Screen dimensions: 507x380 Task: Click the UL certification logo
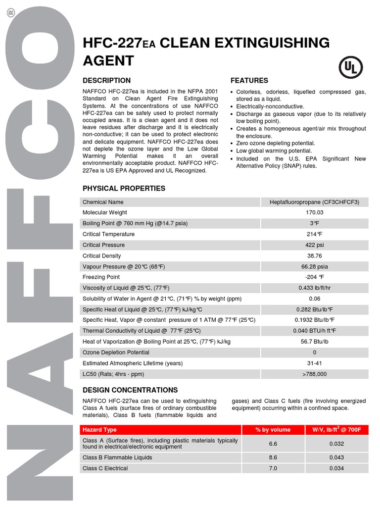pos(350,67)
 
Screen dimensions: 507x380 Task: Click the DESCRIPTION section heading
pos(106,80)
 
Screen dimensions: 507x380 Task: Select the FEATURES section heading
pos(249,80)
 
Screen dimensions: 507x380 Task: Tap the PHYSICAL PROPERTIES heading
pos(124,188)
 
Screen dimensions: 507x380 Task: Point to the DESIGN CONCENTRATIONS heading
pos(130,390)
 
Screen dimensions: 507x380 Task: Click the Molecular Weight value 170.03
pos(314,212)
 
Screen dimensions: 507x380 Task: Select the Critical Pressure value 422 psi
pos(314,245)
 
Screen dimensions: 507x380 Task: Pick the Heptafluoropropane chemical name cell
pos(314,202)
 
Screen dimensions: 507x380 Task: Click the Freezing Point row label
pos(101,277)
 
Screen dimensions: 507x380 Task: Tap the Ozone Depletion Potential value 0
pos(314,353)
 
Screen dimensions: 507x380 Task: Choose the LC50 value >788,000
pos(314,374)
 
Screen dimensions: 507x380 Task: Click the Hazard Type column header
pos(99,429)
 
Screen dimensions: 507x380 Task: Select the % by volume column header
pos(273,429)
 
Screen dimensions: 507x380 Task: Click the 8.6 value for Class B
pos(273,457)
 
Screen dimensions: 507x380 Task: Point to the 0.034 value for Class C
pos(336,468)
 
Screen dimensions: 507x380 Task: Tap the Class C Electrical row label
pos(105,468)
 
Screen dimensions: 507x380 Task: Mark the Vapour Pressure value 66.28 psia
pos(314,266)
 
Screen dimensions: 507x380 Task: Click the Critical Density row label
pos(101,256)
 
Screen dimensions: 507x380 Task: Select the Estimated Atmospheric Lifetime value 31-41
pos(314,363)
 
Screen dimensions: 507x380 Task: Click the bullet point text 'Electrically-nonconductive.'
pos(270,106)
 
